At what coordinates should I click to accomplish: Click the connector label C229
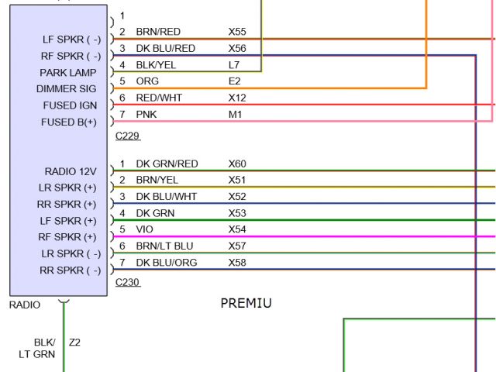[x=127, y=136]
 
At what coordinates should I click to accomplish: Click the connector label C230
[x=127, y=283]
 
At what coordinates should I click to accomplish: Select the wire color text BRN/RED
[x=158, y=32]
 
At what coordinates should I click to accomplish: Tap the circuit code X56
[x=237, y=48]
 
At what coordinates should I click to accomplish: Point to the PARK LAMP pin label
[x=68, y=73]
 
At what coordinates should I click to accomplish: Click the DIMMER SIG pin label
[x=67, y=89]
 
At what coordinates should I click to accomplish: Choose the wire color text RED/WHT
[x=158, y=98]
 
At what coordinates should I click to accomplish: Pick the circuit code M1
[x=235, y=114]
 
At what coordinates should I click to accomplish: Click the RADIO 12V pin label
[x=71, y=171]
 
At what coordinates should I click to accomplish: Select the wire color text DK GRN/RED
[x=167, y=164]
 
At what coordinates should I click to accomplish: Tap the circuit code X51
[x=237, y=180]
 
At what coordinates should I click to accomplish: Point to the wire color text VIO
[x=145, y=229]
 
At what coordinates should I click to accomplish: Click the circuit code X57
[x=237, y=246]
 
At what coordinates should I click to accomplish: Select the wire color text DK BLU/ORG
[x=167, y=263]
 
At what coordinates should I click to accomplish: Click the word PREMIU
[x=246, y=303]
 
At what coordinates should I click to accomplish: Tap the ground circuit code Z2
[x=75, y=342]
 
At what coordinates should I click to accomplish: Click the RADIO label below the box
[x=24, y=305]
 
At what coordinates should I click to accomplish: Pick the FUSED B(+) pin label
[x=69, y=122]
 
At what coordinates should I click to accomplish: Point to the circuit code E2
[x=234, y=81]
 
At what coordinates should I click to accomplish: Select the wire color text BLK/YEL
[x=156, y=64]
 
